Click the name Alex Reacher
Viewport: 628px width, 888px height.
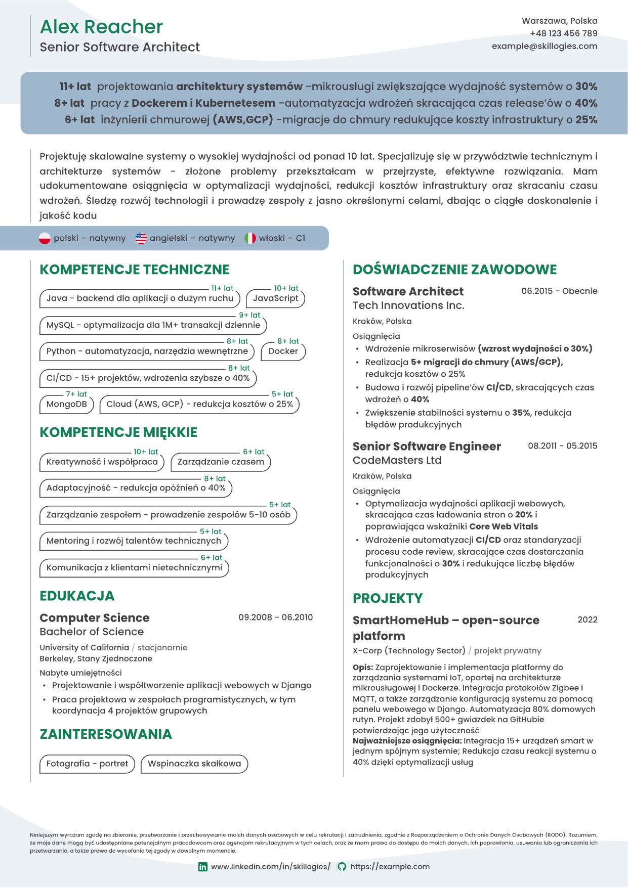(x=101, y=27)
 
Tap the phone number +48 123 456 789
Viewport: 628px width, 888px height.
(x=563, y=33)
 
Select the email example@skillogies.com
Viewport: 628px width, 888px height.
(x=544, y=46)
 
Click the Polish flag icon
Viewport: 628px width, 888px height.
(x=45, y=238)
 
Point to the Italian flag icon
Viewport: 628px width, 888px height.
(x=250, y=238)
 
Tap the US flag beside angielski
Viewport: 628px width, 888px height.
(x=141, y=238)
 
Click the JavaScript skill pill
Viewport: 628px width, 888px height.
(x=275, y=298)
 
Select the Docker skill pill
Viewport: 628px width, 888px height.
(x=283, y=351)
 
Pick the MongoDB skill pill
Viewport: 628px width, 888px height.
(x=66, y=404)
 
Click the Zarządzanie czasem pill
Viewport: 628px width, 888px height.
(x=221, y=462)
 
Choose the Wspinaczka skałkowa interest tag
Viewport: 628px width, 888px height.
(x=194, y=764)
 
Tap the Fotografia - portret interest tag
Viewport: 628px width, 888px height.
(x=87, y=764)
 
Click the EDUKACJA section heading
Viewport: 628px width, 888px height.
(x=77, y=596)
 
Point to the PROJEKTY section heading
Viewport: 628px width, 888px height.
(x=387, y=598)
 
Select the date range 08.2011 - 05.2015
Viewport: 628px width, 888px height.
(x=562, y=446)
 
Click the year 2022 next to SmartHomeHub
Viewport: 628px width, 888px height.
(x=587, y=620)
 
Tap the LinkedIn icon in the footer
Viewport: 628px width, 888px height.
(x=202, y=867)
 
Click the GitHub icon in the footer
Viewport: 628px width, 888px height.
(x=342, y=867)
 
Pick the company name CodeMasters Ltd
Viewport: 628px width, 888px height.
(x=397, y=460)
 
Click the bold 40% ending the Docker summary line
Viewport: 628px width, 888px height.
(x=586, y=103)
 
